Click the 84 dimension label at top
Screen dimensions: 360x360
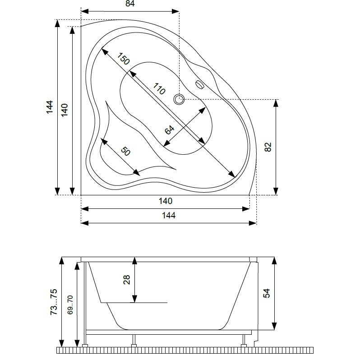click(x=130, y=4)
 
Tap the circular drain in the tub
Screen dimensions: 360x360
click(x=179, y=99)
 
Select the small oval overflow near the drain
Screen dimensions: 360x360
click(x=199, y=84)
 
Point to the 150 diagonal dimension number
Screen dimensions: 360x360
click(x=124, y=59)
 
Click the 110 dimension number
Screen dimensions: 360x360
click(x=159, y=89)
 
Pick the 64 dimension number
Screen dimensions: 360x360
click(x=170, y=130)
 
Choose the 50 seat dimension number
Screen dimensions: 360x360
click(x=125, y=151)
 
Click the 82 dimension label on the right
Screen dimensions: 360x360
click(x=268, y=147)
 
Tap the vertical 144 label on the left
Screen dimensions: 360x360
click(x=50, y=107)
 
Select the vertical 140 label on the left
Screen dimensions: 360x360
click(x=65, y=110)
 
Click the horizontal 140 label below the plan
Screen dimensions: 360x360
click(x=166, y=201)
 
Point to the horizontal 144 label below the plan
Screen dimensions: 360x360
click(x=169, y=215)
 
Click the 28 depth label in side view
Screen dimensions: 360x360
click(x=127, y=280)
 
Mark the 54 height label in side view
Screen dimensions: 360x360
click(x=267, y=293)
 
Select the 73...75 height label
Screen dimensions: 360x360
click(x=54, y=302)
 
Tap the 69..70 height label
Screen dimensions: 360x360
click(x=70, y=305)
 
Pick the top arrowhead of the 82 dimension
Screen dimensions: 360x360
click(x=276, y=103)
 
